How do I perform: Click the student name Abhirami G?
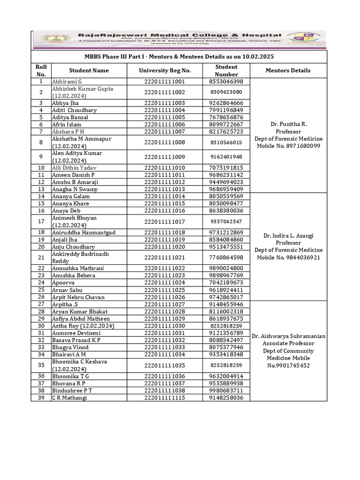[67, 82]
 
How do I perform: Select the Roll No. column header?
[41, 70]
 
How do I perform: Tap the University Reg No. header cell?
[165, 70]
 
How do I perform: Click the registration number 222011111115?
[165, 398]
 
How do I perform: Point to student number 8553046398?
[226, 82]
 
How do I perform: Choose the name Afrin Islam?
[67, 124]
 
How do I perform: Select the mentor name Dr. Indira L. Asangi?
[288, 235]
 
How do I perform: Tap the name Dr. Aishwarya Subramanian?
[288, 336]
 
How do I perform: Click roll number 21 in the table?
[41, 257]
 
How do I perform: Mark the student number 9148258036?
[226, 398]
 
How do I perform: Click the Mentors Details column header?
[288, 70]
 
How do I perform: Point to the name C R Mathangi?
[69, 398]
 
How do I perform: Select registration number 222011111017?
[165, 221]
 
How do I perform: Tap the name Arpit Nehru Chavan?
[78, 297]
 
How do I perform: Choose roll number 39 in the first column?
[41, 398]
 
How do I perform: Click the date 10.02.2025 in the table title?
[257, 56]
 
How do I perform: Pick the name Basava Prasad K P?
[76, 340]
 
